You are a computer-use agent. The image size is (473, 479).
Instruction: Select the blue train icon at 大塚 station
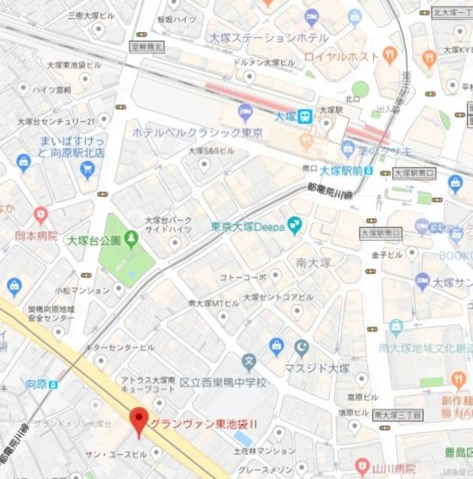[x=304, y=116]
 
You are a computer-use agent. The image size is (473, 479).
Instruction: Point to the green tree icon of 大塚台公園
[x=132, y=239]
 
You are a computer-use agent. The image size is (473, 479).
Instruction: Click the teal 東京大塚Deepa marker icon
[x=295, y=223]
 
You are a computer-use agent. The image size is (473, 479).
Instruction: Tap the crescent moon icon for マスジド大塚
[x=301, y=347]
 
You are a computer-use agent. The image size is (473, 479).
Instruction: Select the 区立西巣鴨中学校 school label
[x=223, y=382]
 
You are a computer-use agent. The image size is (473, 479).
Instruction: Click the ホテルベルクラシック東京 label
[x=197, y=132]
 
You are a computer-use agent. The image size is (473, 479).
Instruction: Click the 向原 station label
[x=36, y=384]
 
